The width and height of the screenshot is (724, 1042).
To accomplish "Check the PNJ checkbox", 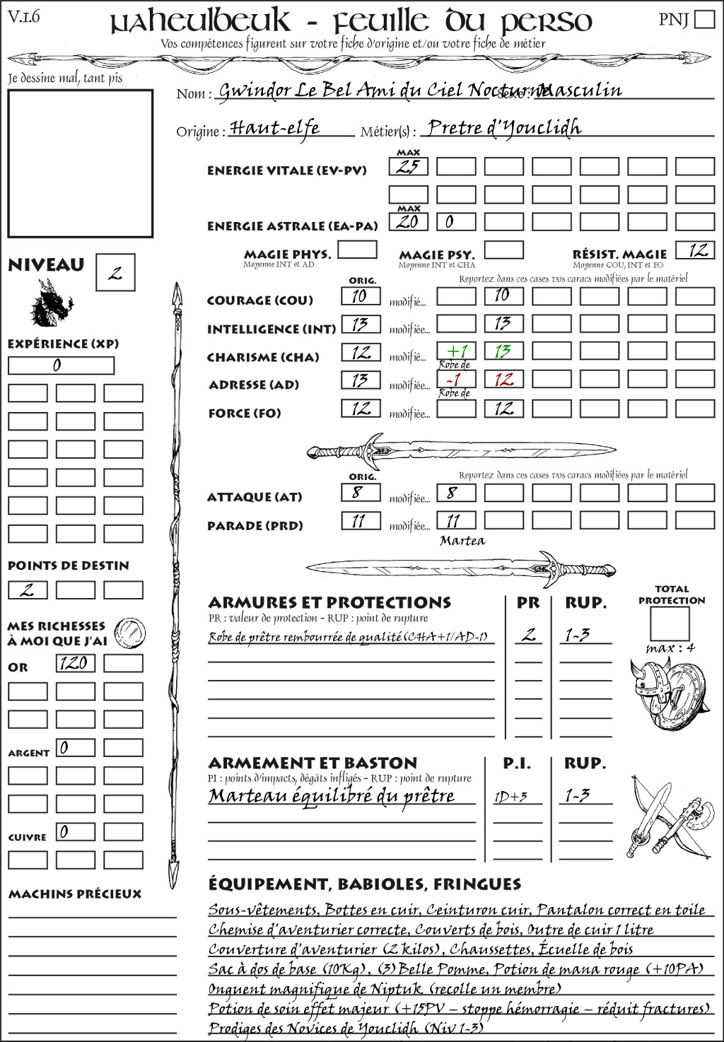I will pyautogui.click(x=704, y=19).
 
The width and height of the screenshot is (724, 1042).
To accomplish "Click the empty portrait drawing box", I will pyautogui.click(x=80, y=163).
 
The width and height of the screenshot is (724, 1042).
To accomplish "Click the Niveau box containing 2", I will pyautogui.click(x=115, y=273).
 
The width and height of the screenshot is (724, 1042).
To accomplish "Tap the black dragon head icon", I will pyautogui.click(x=51, y=303).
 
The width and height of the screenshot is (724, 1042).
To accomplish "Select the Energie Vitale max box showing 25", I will pyautogui.click(x=408, y=167).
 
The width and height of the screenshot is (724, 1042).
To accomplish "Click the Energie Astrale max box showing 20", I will pyautogui.click(x=408, y=221).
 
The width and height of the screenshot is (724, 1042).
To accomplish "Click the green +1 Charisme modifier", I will pyautogui.click(x=456, y=351).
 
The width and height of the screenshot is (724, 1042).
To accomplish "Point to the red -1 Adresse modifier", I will pyautogui.click(x=456, y=380).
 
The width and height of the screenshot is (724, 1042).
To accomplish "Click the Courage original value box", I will pyautogui.click(x=361, y=296).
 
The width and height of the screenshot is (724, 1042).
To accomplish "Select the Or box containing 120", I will pyautogui.click(x=75, y=663).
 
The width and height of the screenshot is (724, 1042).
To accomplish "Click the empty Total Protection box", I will pyautogui.click(x=669, y=624).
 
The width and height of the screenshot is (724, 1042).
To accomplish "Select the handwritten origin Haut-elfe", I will pyautogui.click(x=275, y=128).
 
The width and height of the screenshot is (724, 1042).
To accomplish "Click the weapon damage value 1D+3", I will pyautogui.click(x=510, y=797).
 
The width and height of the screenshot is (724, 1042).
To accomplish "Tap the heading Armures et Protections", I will pyautogui.click(x=329, y=603).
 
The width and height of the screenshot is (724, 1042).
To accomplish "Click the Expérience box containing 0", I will pyautogui.click(x=61, y=365).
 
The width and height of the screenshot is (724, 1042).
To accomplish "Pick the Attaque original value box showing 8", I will pyautogui.click(x=361, y=493).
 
